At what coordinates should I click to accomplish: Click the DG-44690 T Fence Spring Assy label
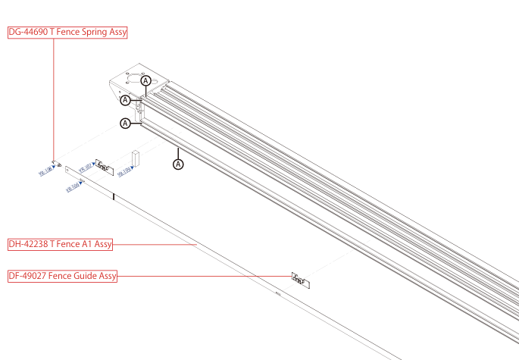point(67,33)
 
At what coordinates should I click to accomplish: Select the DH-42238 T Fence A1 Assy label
point(61,244)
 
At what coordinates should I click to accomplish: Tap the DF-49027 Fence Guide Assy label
point(63,277)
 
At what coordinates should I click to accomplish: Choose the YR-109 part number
point(125,172)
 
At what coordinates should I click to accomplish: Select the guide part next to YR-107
point(104,167)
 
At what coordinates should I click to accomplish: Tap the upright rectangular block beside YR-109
point(136,158)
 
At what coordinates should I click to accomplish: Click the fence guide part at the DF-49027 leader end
point(301,280)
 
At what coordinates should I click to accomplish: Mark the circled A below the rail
point(179,163)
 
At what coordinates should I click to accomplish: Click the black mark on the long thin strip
point(114,197)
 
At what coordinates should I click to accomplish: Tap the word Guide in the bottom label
point(84,277)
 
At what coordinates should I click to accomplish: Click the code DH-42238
point(28,244)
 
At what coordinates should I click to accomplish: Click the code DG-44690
point(28,33)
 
